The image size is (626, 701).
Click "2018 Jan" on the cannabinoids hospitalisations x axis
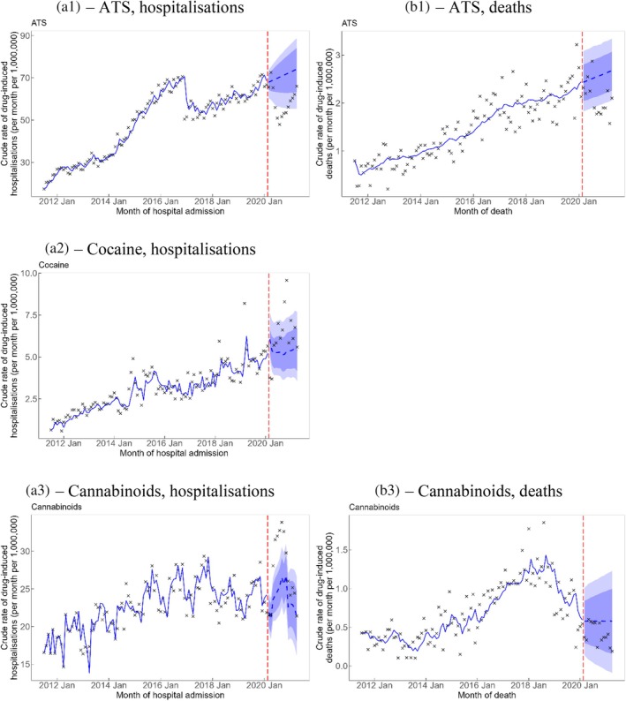[209, 682]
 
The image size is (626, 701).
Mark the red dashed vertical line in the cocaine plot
[268, 353]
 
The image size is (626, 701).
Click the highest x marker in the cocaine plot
[286, 280]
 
